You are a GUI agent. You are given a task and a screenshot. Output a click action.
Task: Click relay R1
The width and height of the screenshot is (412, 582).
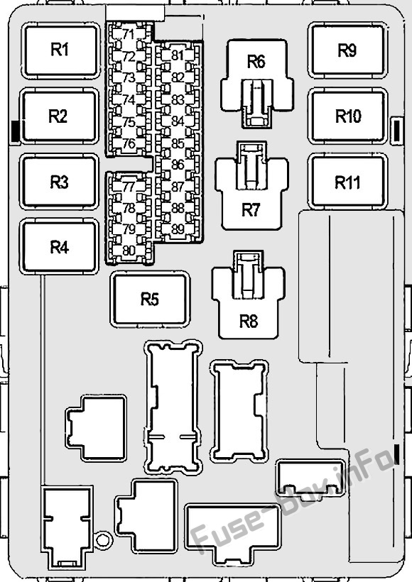coord(60,50)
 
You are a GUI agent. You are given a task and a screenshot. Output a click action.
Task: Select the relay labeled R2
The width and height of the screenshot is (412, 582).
coord(60,116)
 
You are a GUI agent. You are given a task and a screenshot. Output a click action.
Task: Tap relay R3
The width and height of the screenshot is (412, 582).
coord(60,182)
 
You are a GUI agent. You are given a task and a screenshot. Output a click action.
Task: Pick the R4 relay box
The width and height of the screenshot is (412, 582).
coord(60,247)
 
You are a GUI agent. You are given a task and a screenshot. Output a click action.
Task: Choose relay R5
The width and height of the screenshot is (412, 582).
coord(150,300)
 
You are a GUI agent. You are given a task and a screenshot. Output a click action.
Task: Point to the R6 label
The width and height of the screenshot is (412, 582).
coord(256,62)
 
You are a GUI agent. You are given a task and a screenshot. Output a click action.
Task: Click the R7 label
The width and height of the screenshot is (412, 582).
coord(251,210)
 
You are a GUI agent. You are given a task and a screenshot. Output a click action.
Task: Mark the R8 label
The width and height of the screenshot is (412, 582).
coord(249,321)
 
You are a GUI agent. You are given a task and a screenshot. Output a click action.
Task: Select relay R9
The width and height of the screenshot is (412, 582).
coord(347,50)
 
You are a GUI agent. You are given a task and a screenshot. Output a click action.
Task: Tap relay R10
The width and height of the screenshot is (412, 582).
coord(348,116)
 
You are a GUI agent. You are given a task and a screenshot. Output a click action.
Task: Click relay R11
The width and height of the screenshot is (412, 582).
coord(348,182)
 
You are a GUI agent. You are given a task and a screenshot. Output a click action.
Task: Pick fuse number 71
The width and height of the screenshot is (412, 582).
coord(129,35)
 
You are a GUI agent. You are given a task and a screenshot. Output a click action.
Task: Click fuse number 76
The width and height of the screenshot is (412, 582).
coord(129,143)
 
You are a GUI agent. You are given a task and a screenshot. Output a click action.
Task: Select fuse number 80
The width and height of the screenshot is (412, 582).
coord(129,251)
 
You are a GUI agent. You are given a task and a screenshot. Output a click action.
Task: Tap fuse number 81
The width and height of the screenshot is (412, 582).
coord(178,55)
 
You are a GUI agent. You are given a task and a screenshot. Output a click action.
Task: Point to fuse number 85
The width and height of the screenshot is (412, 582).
coord(178,143)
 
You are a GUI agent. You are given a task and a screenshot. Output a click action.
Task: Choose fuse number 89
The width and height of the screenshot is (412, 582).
coord(178,229)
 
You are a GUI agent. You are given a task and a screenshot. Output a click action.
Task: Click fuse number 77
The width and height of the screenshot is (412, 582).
coord(129,187)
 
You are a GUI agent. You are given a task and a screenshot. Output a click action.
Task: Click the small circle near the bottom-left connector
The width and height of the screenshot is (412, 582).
coord(104,540)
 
